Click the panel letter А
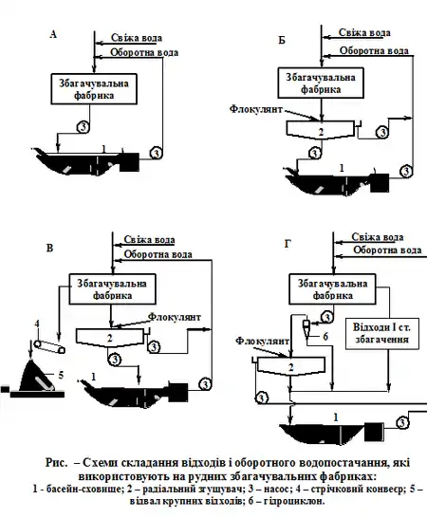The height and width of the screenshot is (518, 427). (x=53, y=34)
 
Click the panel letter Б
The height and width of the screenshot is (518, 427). (x=282, y=40)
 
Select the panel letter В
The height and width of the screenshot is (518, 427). (x=49, y=248)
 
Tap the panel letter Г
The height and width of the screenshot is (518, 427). (x=288, y=244)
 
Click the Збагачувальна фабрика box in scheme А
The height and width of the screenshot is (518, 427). (x=94, y=89)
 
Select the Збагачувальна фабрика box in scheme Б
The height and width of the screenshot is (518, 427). (x=321, y=83)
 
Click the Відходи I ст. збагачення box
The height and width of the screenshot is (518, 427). (x=382, y=333)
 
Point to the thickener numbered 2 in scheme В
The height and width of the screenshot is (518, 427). (x=110, y=338)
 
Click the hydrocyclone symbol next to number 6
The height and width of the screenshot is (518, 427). (x=306, y=327)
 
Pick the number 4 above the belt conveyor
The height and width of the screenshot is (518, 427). (x=37, y=324)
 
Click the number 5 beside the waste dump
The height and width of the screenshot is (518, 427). (x=61, y=376)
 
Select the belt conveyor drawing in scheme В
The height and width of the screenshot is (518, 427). (x=49, y=346)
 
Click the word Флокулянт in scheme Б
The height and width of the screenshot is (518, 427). (x=256, y=109)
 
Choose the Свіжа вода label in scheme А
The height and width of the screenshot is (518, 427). (x=137, y=38)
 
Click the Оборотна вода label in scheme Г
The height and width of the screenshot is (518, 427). (x=387, y=250)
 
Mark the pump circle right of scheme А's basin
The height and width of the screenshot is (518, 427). (x=156, y=154)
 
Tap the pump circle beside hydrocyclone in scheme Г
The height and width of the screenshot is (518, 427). (x=326, y=318)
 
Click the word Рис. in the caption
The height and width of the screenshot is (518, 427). (x=56, y=463)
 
